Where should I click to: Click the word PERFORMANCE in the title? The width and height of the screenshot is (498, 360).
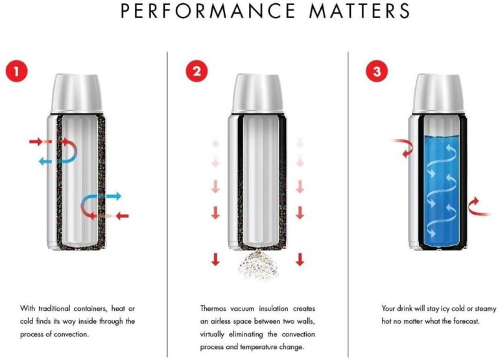[208, 11]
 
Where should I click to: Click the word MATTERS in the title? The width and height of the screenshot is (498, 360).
[359, 11]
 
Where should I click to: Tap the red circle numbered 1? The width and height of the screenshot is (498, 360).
[16, 71]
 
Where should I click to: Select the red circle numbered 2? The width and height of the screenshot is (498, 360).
[196, 71]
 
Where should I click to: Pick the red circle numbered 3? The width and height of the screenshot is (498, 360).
[377, 71]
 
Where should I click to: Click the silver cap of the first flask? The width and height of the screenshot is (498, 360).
[77, 93]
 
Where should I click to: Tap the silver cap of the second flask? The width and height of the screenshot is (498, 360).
[257, 93]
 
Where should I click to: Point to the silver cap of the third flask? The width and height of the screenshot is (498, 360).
[438, 93]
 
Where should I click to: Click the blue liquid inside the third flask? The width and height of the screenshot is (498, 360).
[442, 190]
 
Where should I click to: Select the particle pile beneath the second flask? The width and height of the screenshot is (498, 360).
[259, 265]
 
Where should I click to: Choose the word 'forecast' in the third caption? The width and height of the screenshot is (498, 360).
[466, 321]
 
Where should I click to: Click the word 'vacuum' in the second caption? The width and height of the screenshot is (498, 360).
[242, 309]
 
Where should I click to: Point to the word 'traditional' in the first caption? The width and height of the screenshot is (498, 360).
[54, 309]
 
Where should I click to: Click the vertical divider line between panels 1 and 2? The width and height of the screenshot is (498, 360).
[167, 204]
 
